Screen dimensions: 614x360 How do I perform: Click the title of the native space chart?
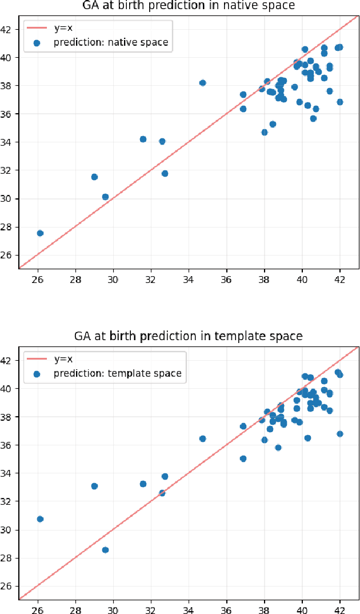coord(188,6)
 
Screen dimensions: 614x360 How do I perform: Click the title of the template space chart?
coord(188,336)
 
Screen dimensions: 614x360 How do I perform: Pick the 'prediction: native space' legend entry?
coord(111,42)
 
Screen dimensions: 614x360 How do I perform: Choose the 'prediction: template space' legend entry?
coord(117,373)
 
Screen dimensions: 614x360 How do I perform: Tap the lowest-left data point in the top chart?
coord(40,233)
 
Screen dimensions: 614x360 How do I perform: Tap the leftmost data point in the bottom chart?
coord(40,519)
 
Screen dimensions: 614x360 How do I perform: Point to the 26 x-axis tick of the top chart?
coord(38,280)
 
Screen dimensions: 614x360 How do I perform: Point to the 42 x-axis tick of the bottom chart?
coord(340,610)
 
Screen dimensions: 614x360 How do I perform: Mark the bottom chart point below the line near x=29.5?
coord(105,549)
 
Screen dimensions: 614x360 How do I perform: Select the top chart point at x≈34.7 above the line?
coord(202,83)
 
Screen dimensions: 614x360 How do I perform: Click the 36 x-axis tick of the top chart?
coord(227,280)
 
